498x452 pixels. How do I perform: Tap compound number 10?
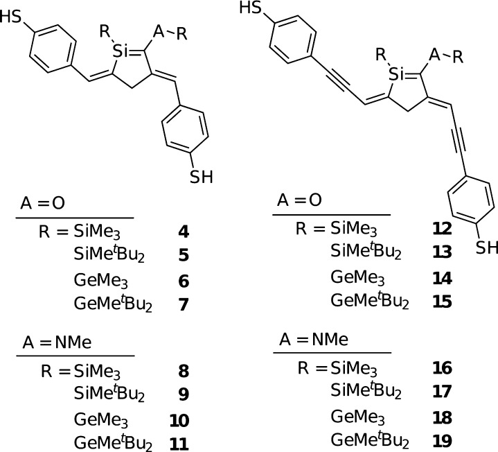(x=179, y=420)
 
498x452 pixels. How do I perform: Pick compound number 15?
(x=441, y=303)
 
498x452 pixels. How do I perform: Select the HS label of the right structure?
(x=267, y=8)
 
